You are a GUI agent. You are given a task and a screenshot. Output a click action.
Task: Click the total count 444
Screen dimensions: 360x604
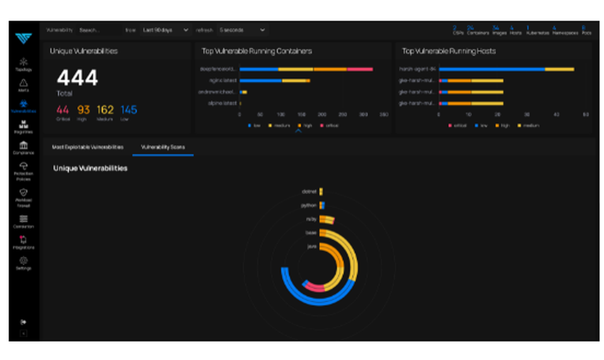pos(77,78)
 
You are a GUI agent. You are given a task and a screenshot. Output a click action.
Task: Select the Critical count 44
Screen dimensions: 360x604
pos(63,110)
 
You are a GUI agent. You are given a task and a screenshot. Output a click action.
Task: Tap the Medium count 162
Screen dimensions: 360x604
pos(105,110)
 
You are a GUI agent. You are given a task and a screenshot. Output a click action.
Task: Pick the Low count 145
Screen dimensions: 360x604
pos(129,110)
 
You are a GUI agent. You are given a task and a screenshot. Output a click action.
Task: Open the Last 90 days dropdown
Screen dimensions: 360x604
pos(165,30)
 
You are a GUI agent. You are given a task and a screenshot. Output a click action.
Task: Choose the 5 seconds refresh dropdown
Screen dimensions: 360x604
pos(242,30)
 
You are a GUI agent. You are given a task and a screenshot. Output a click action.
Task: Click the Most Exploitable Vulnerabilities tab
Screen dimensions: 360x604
pos(88,147)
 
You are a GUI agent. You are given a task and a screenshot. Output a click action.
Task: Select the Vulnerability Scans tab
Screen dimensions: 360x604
pos(163,147)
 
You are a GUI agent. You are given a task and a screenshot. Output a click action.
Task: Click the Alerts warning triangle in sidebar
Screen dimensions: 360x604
pos(24,83)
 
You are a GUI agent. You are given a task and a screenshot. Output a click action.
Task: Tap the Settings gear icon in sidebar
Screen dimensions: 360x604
pos(24,261)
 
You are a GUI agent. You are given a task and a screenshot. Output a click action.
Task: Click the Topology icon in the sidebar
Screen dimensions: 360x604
pos(24,62)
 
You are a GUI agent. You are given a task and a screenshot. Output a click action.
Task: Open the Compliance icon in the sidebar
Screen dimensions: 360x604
pos(24,146)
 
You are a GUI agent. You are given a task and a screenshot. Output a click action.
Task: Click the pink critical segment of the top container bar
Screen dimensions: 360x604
pos(360,69)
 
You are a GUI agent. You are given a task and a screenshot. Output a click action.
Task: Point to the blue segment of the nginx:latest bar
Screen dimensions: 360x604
pos(260,80)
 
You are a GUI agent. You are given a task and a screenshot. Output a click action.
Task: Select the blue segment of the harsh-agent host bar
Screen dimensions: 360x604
pos(492,69)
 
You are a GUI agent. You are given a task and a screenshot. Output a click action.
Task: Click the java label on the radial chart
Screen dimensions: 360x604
pos(312,246)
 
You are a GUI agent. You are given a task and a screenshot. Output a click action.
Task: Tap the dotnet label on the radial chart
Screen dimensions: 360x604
pos(309,191)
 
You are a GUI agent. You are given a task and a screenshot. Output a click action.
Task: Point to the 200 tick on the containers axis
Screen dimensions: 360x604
pos(322,114)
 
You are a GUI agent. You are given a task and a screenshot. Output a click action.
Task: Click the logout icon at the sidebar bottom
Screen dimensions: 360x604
pos(24,322)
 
